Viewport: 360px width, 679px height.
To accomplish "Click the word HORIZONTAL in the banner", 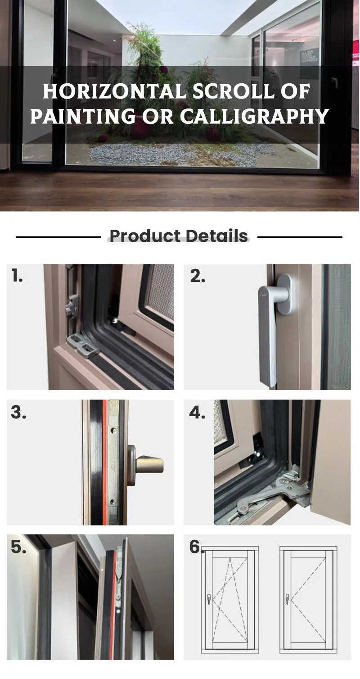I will (115, 92).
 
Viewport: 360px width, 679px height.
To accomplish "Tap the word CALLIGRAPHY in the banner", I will (255, 116).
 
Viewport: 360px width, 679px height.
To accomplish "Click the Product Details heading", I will (179, 236).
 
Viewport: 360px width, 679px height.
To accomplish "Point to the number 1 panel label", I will (17, 276).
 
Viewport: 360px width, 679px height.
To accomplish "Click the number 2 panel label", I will (198, 276).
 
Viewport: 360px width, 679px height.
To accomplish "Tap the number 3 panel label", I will (18, 412).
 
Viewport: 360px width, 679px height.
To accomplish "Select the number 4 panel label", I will (197, 412).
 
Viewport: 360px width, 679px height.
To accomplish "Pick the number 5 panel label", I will (18, 547).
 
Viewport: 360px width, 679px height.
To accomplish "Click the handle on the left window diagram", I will (209, 599).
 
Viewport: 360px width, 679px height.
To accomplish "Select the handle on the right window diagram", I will (287, 599).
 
